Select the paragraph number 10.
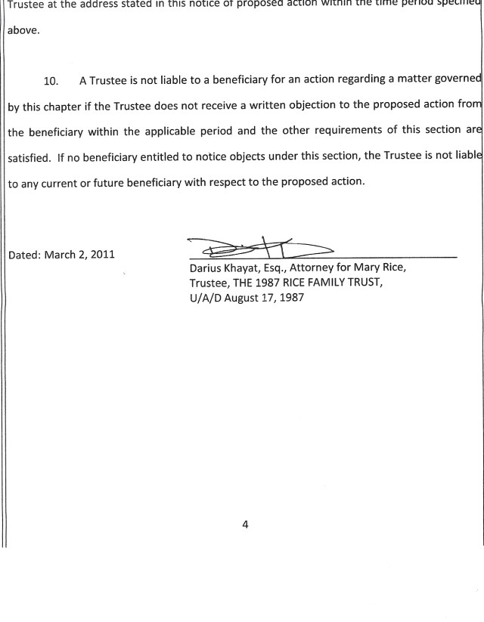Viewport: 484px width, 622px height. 51,81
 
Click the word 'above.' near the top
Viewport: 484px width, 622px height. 23,32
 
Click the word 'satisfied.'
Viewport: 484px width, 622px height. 29,157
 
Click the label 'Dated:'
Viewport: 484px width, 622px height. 24,254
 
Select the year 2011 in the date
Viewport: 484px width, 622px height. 102,254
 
